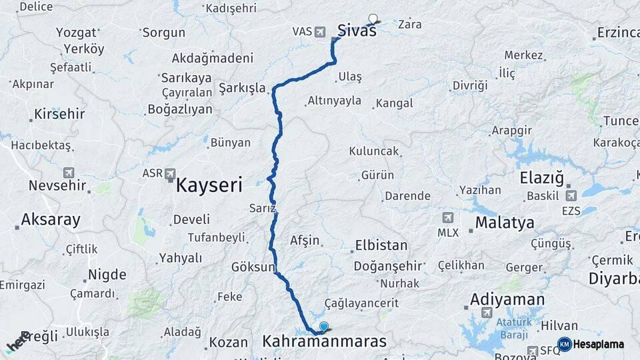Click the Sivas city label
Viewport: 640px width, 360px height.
(357, 30)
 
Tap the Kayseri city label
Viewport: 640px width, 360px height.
(209, 185)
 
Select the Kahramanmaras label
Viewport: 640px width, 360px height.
(325, 342)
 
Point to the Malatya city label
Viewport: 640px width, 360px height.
(505, 223)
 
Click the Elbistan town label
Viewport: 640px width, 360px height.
(381, 245)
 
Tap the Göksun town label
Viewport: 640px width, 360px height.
(253, 267)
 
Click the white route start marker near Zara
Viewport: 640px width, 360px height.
(373, 19)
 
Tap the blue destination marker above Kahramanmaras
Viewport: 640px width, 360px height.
(324, 326)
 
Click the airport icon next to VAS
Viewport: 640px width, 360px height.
(319, 31)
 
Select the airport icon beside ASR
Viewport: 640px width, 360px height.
(170, 173)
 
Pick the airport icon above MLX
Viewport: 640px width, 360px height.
(447, 218)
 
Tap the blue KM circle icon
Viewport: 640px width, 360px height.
(564, 344)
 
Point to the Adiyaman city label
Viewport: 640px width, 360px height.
(507, 299)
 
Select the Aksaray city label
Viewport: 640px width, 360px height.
(51, 219)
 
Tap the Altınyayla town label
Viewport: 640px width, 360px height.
(334, 101)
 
